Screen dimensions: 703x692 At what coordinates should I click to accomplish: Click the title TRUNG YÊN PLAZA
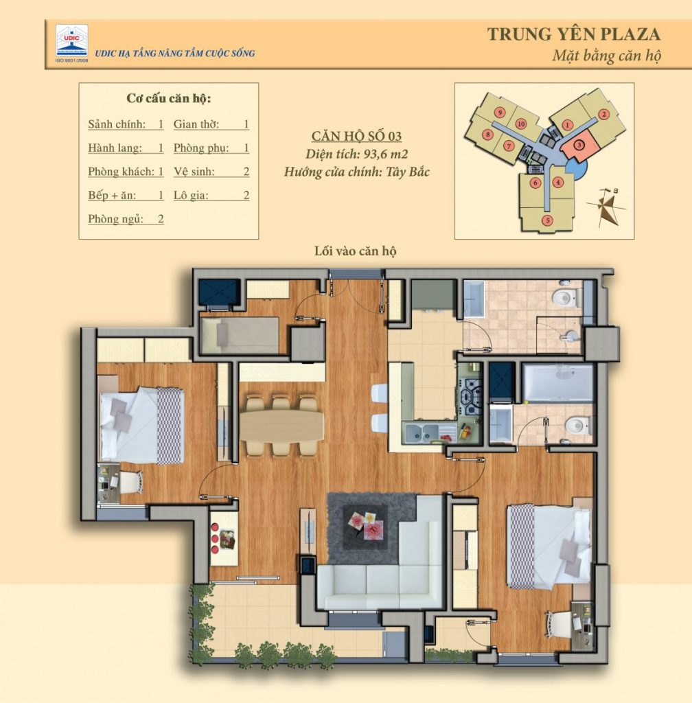[x=573, y=34]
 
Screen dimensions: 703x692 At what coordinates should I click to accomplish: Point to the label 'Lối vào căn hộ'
[x=355, y=252]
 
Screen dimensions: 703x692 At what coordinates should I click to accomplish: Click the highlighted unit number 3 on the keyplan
[x=579, y=145]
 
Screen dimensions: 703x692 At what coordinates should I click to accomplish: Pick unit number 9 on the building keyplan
[x=500, y=112]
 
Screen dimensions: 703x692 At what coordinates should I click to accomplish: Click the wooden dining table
[x=281, y=425]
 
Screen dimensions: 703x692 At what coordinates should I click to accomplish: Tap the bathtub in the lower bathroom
[x=557, y=382]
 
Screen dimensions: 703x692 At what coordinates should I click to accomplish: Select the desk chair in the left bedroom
[x=130, y=481]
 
